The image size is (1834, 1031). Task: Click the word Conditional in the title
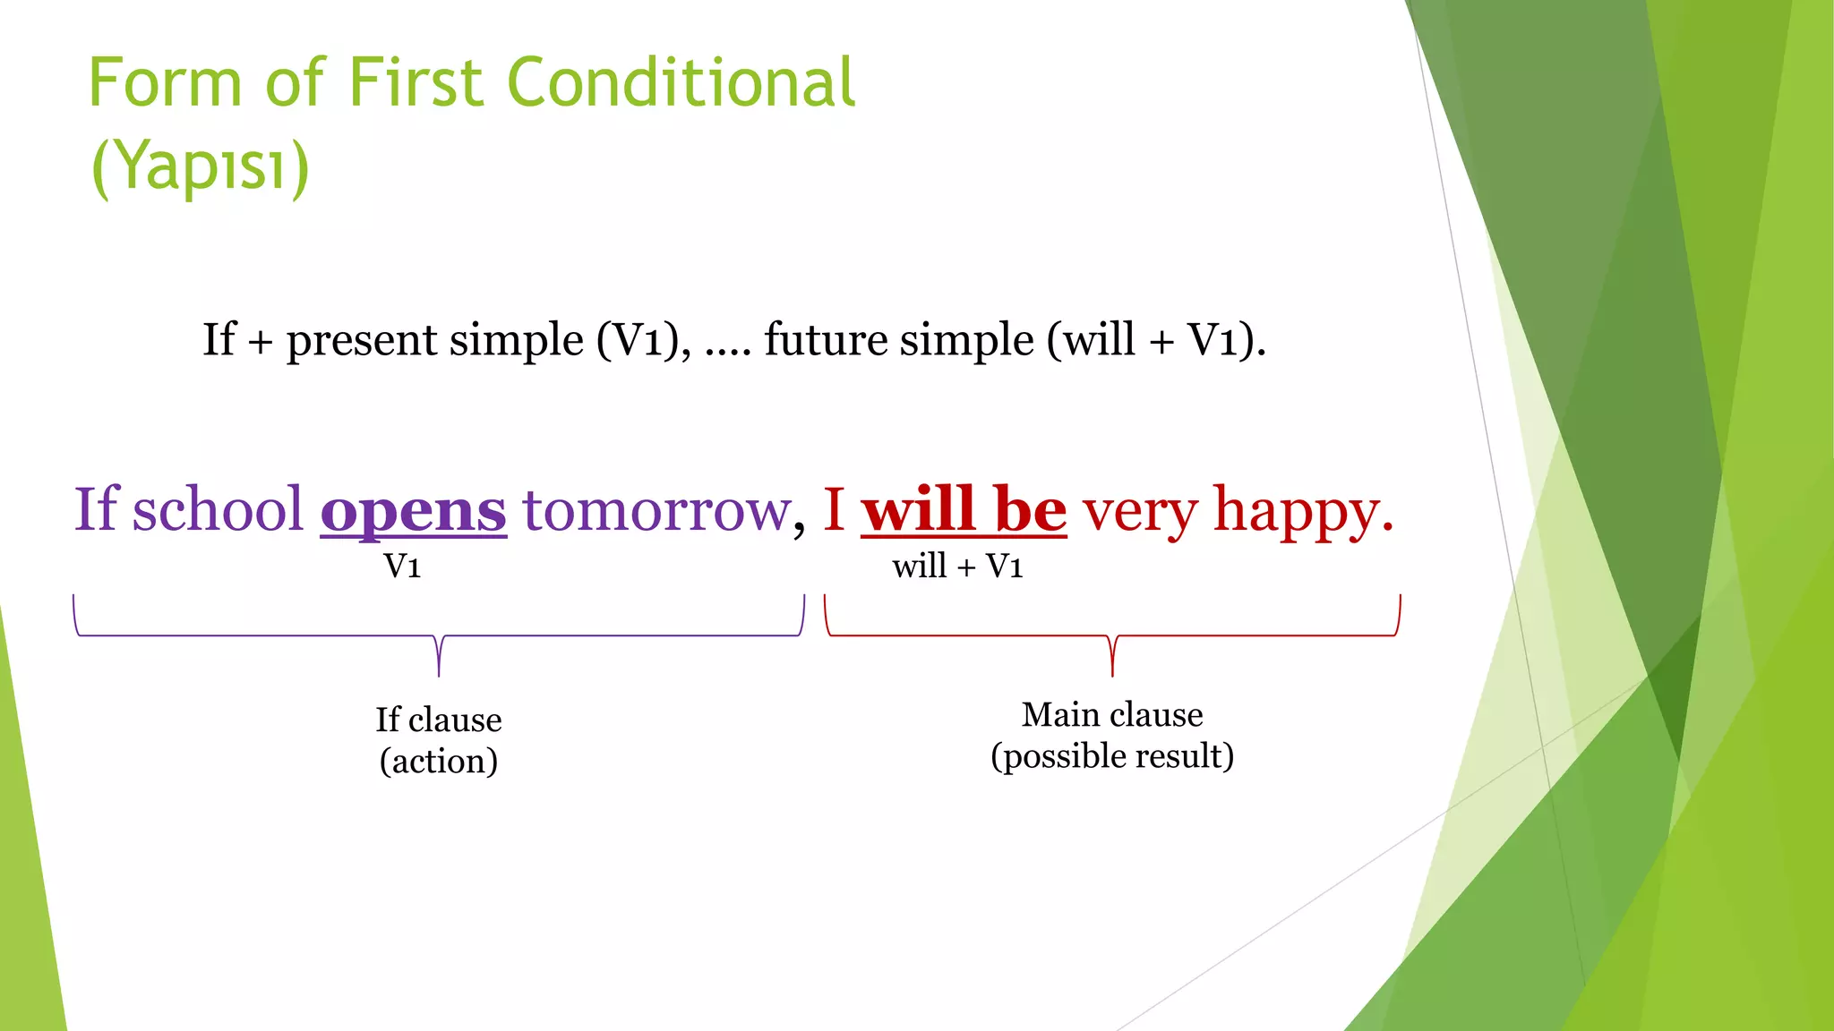(x=681, y=82)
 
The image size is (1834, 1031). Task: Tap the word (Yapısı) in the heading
(x=201, y=166)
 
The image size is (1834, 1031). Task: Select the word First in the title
(x=416, y=82)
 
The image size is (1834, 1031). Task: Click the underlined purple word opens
(x=414, y=510)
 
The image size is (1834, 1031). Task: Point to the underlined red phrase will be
(x=964, y=510)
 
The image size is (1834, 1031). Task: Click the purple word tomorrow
(x=657, y=510)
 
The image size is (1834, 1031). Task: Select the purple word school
(x=219, y=510)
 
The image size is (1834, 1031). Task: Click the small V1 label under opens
(x=402, y=567)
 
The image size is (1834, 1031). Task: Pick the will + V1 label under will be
(x=957, y=567)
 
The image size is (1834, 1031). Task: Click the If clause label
(x=438, y=720)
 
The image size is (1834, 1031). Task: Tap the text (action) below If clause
(x=438, y=762)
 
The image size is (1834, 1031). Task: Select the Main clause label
(x=1112, y=714)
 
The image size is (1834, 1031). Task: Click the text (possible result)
(x=1112, y=756)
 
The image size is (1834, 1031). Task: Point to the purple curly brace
(x=439, y=637)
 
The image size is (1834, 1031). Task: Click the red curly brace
(x=1112, y=637)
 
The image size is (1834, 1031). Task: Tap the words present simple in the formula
(x=435, y=340)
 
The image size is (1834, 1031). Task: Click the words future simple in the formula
(x=899, y=340)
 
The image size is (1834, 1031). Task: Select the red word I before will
(x=834, y=510)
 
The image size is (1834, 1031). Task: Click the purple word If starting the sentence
(x=96, y=510)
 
